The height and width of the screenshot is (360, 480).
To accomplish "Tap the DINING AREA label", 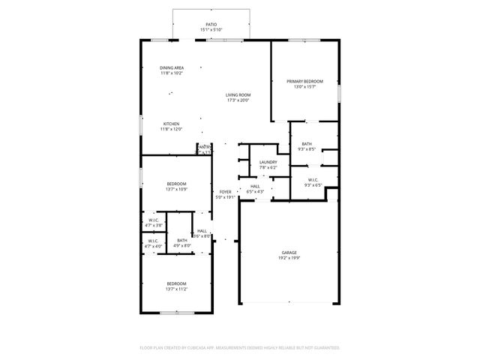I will coord(172,68).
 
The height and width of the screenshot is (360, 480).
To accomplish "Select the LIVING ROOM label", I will coord(238,95).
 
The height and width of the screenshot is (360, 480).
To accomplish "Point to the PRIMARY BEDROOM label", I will coord(304,81).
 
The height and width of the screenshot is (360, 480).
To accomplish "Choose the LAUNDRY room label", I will coord(268,162).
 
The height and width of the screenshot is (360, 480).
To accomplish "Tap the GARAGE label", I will coord(289,253).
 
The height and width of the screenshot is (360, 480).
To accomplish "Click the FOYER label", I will coord(225,193).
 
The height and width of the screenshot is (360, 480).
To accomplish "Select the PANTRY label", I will coord(203,147).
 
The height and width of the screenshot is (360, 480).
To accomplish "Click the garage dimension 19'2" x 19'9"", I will coord(289,259).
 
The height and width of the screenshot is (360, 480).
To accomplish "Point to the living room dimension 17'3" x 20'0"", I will coord(238,101).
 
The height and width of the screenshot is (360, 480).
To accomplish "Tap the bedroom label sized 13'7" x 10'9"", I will coord(176,184).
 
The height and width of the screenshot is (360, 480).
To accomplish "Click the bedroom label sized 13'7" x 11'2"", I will coord(176,283).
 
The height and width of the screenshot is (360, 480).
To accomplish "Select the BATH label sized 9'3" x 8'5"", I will coord(307,144).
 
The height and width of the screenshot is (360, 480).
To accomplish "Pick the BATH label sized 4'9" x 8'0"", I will coord(182,240).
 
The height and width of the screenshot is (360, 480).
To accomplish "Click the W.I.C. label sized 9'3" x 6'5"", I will coord(312,179).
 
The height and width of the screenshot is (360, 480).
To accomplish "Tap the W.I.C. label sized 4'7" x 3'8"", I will coord(153,220).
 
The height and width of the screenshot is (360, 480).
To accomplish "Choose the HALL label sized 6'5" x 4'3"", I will coord(255,186).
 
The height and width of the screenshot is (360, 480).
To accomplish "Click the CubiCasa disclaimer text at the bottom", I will coord(240,348).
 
